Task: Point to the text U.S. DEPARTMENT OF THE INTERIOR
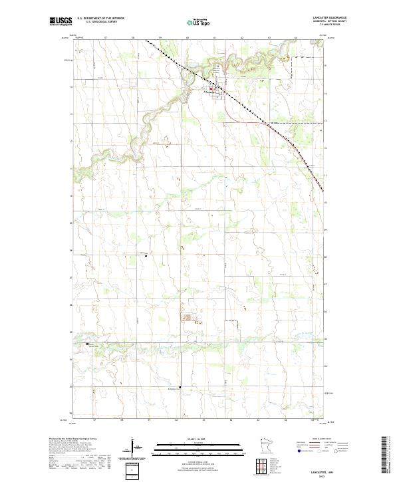click(100, 19)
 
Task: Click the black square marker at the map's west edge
click(88, 344)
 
